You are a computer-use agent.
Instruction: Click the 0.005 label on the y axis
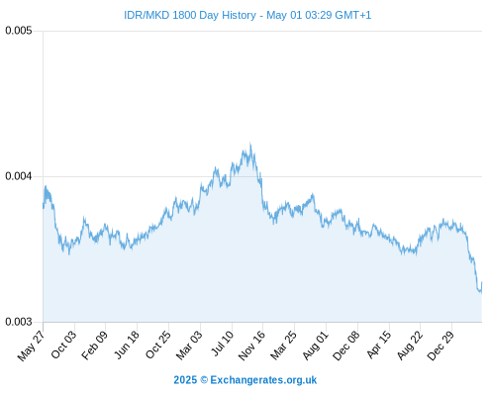pos(19,31)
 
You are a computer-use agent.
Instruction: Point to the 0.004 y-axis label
pos(19,176)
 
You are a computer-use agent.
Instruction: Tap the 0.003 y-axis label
pos(19,322)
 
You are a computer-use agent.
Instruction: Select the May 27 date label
pos(32,346)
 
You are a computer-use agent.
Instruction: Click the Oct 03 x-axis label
pos(63,345)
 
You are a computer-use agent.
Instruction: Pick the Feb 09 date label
pos(95,346)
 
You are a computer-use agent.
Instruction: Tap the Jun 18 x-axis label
pos(127,345)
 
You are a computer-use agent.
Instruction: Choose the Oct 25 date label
pos(158,345)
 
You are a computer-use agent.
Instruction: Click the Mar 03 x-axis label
pos(189,346)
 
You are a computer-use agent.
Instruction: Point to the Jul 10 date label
pos(223,344)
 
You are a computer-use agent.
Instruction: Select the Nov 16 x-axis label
pos(251,346)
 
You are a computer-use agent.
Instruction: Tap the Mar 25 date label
pos(283,346)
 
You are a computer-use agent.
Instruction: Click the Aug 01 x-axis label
pos(316,346)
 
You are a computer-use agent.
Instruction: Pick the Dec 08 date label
pos(346,346)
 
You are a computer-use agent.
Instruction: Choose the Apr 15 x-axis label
pos(379,345)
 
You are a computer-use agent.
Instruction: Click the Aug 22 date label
pos(410,346)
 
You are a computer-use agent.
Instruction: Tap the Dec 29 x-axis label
pos(441,346)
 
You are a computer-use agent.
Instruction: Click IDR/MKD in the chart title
pos(147,15)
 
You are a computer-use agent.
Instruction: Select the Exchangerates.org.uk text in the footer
pos(263,380)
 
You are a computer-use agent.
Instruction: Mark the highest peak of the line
pos(250,144)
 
